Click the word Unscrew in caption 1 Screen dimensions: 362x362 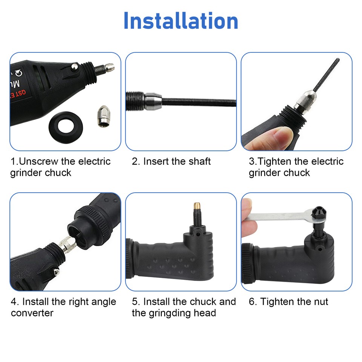tap(38, 162)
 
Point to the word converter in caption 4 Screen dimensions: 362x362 tap(32, 313)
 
